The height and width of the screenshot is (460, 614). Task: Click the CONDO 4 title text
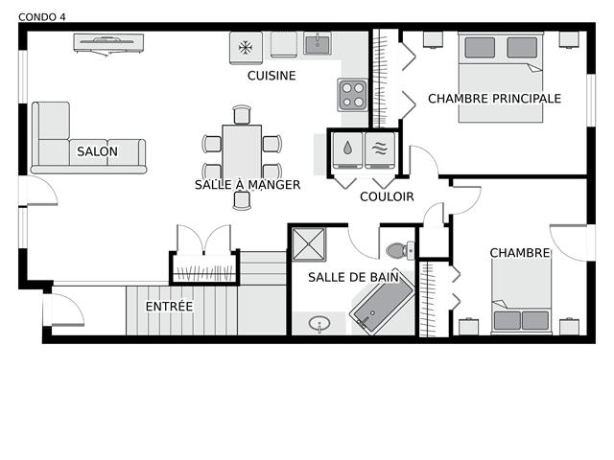42,17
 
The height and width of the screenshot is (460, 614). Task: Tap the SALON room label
97,151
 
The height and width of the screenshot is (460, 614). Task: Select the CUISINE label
272,76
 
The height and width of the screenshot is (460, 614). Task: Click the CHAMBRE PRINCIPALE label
494,99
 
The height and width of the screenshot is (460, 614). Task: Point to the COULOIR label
387,196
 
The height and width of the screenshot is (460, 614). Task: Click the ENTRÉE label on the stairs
169,306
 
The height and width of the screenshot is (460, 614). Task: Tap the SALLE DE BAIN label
353,277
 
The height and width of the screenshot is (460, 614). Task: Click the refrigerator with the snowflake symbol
246,48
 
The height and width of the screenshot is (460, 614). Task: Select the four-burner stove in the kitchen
353,95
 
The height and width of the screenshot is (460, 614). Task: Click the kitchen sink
318,43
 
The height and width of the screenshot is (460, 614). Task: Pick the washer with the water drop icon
347,150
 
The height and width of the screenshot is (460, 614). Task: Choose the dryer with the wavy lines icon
380,150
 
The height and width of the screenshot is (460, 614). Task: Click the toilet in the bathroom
400,250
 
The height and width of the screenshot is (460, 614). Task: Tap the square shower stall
309,244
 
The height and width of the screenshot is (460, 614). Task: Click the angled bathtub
382,304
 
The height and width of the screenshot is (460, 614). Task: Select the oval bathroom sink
319,324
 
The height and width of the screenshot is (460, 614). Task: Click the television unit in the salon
108,44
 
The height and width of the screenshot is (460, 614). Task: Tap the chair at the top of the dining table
242,115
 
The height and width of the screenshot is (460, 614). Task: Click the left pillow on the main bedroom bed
480,48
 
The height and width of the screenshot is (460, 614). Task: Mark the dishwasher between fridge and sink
284,45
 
